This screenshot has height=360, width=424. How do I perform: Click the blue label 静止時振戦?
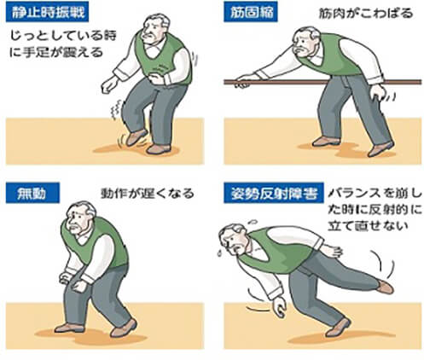coord(47,13)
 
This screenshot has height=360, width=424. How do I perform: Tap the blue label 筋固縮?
coord(251,13)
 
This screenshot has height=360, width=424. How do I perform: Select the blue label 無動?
coord(32,193)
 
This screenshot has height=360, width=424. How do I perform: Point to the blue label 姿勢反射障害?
coord(274,193)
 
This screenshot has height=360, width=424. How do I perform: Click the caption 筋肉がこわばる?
coord(366,14)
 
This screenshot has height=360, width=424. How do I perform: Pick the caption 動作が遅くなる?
coord(148,194)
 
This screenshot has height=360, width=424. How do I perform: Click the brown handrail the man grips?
coord(322,82)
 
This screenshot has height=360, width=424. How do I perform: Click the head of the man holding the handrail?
coord(305,41)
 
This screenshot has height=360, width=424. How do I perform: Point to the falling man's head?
coord(234,238)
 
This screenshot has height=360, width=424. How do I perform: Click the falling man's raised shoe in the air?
coord(386,287)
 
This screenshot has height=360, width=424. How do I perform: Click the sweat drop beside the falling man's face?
coord(219,253)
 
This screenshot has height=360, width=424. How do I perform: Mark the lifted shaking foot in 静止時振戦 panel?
coord(136,137)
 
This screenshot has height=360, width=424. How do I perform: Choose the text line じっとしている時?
coord(63,35)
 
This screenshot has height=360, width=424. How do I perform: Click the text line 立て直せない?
coord(368,225)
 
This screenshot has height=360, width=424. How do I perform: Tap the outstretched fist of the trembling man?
coord(109,84)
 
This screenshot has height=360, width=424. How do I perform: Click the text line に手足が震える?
coord(55,52)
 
